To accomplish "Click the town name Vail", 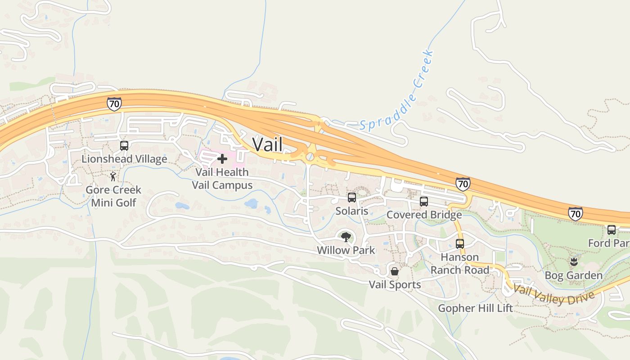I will pos(267,144).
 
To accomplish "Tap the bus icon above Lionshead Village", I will pos(124,146).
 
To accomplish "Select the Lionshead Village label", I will pos(124,159).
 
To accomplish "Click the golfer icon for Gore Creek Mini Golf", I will pos(113,176).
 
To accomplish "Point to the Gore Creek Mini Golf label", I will pos(113,196).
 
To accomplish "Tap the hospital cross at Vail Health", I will pos(222,159).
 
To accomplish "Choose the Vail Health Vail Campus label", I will pos(222,179).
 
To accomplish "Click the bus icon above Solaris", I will pos(352,198).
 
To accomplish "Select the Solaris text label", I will pos(352,211).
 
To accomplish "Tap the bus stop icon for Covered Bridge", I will pos(424,202).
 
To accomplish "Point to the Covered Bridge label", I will pos(424,215).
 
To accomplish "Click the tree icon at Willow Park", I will pos(346,237).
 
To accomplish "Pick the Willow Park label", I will pos(346,250).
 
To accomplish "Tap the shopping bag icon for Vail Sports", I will pos(395,271).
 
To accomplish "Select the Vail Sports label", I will pos(395,284).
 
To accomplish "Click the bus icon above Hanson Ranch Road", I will pos(460,244).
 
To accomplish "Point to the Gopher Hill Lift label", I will pos(476,308).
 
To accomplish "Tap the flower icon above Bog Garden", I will pos(574,262).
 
